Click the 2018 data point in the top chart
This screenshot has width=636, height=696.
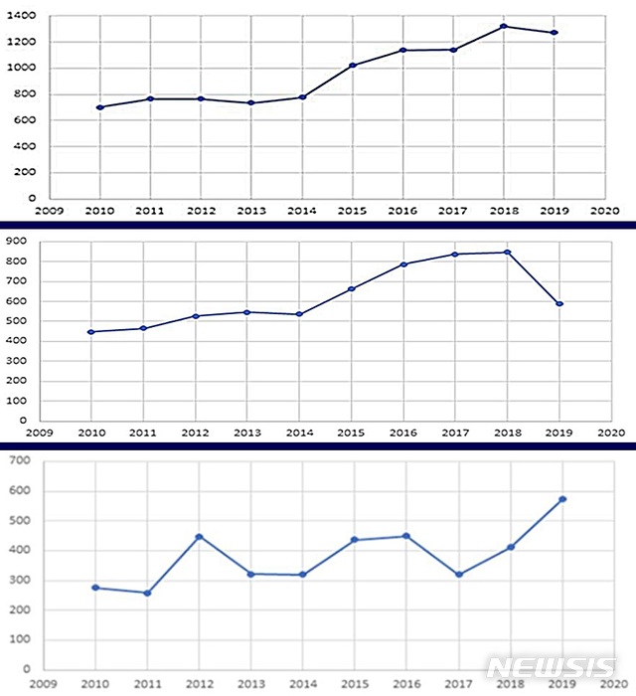click(x=504, y=26)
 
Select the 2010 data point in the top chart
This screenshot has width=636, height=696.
click(x=99, y=107)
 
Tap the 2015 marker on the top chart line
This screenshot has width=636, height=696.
click(x=353, y=66)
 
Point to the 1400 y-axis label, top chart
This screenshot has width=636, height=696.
click(x=27, y=17)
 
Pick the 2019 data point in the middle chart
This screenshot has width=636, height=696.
click(x=559, y=304)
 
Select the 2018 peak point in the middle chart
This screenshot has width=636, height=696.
click(x=507, y=253)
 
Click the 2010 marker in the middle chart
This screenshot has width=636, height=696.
click(x=91, y=332)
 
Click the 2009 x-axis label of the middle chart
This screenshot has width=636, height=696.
click(x=40, y=434)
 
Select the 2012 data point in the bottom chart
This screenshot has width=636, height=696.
click(x=199, y=537)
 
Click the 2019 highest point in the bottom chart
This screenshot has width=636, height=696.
click(x=562, y=499)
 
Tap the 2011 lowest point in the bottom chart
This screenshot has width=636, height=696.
click(x=147, y=594)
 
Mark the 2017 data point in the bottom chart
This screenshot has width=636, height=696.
click(x=459, y=575)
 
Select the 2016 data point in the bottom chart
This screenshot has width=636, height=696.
click(x=406, y=536)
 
